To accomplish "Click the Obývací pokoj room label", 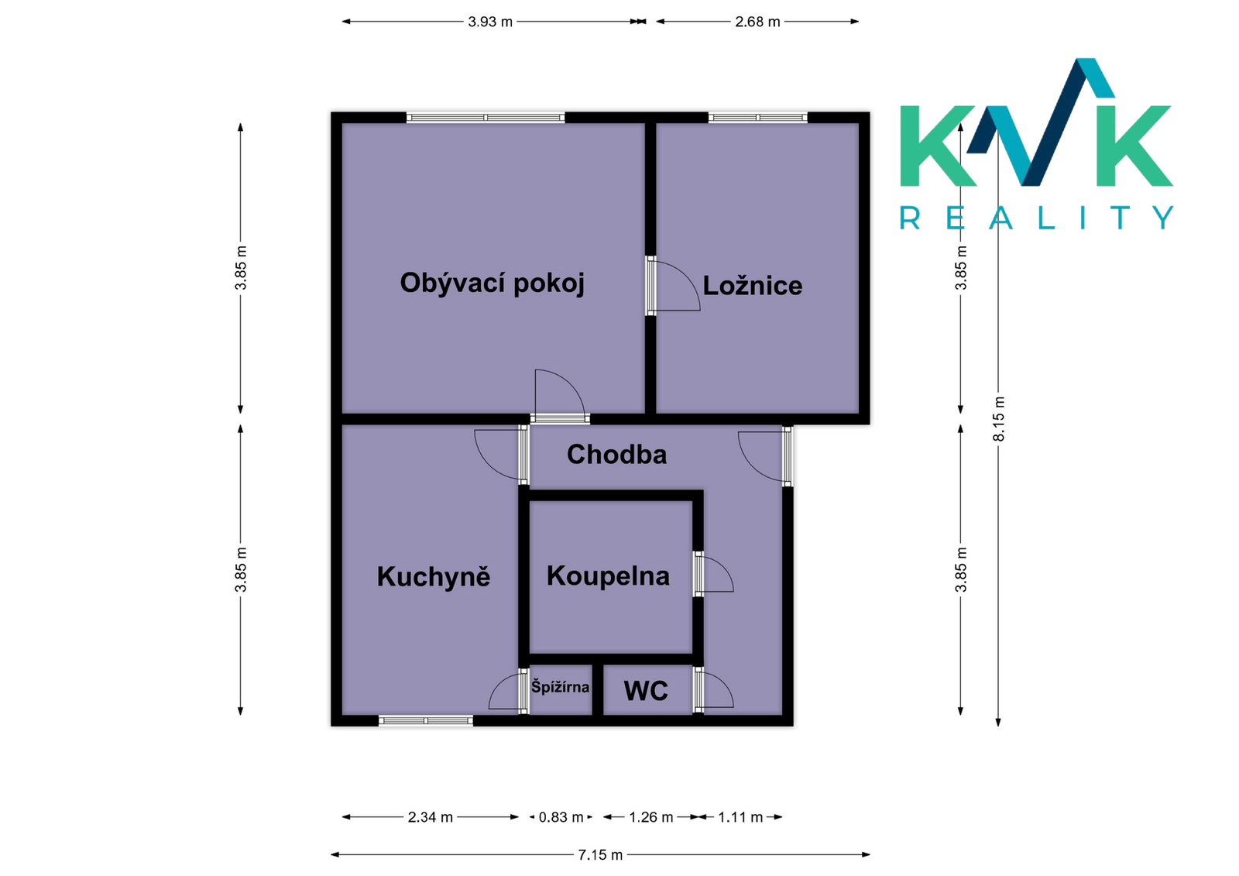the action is pos(492,283).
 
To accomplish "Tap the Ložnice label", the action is pos(752,286).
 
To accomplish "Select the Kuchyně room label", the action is pos(434,576).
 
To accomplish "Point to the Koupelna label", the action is pos(608,576).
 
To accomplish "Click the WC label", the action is pos(646,691).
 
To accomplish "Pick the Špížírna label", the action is pos(560,687).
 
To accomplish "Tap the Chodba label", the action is pos(616,455).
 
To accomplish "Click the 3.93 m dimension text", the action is pos(490,22).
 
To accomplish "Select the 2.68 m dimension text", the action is pos(757,22).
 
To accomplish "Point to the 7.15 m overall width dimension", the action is pos(600,855).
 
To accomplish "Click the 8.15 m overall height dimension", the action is pos(999,419).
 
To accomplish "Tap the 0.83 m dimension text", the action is pos(561,817).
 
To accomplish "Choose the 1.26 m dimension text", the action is pos(651,817).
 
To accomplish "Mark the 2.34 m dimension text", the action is pos(431,817).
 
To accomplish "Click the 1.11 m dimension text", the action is pos(740,817).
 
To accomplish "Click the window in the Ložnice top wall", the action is pos(758,117).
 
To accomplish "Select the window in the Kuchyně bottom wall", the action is pos(425,720).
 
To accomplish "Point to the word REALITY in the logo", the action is pos(1037,218).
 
